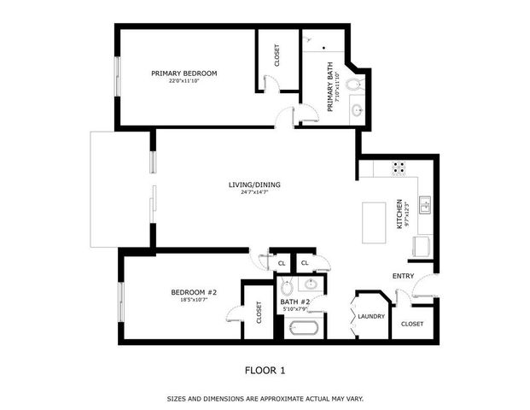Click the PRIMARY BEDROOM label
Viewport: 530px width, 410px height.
pos(183,73)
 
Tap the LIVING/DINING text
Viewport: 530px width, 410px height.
pos(254,184)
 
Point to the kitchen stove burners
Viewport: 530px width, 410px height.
pos(399,168)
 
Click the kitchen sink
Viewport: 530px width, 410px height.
pos(424,204)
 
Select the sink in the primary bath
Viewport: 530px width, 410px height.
pos(357,109)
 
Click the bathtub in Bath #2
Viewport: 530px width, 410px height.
pos(305,328)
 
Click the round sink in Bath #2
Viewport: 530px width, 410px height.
pos(312,284)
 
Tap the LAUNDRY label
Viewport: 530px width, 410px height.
pos(372,317)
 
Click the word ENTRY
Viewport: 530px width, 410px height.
pos(403,277)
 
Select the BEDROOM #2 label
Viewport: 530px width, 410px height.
pos(195,292)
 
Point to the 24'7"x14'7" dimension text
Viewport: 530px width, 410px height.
pos(254,192)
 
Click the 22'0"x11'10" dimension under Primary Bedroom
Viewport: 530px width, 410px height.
pos(183,81)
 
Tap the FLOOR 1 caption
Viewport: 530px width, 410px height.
pos(265,370)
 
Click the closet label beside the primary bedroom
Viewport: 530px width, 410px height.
pos(277,56)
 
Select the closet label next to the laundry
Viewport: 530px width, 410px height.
pos(412,324)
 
